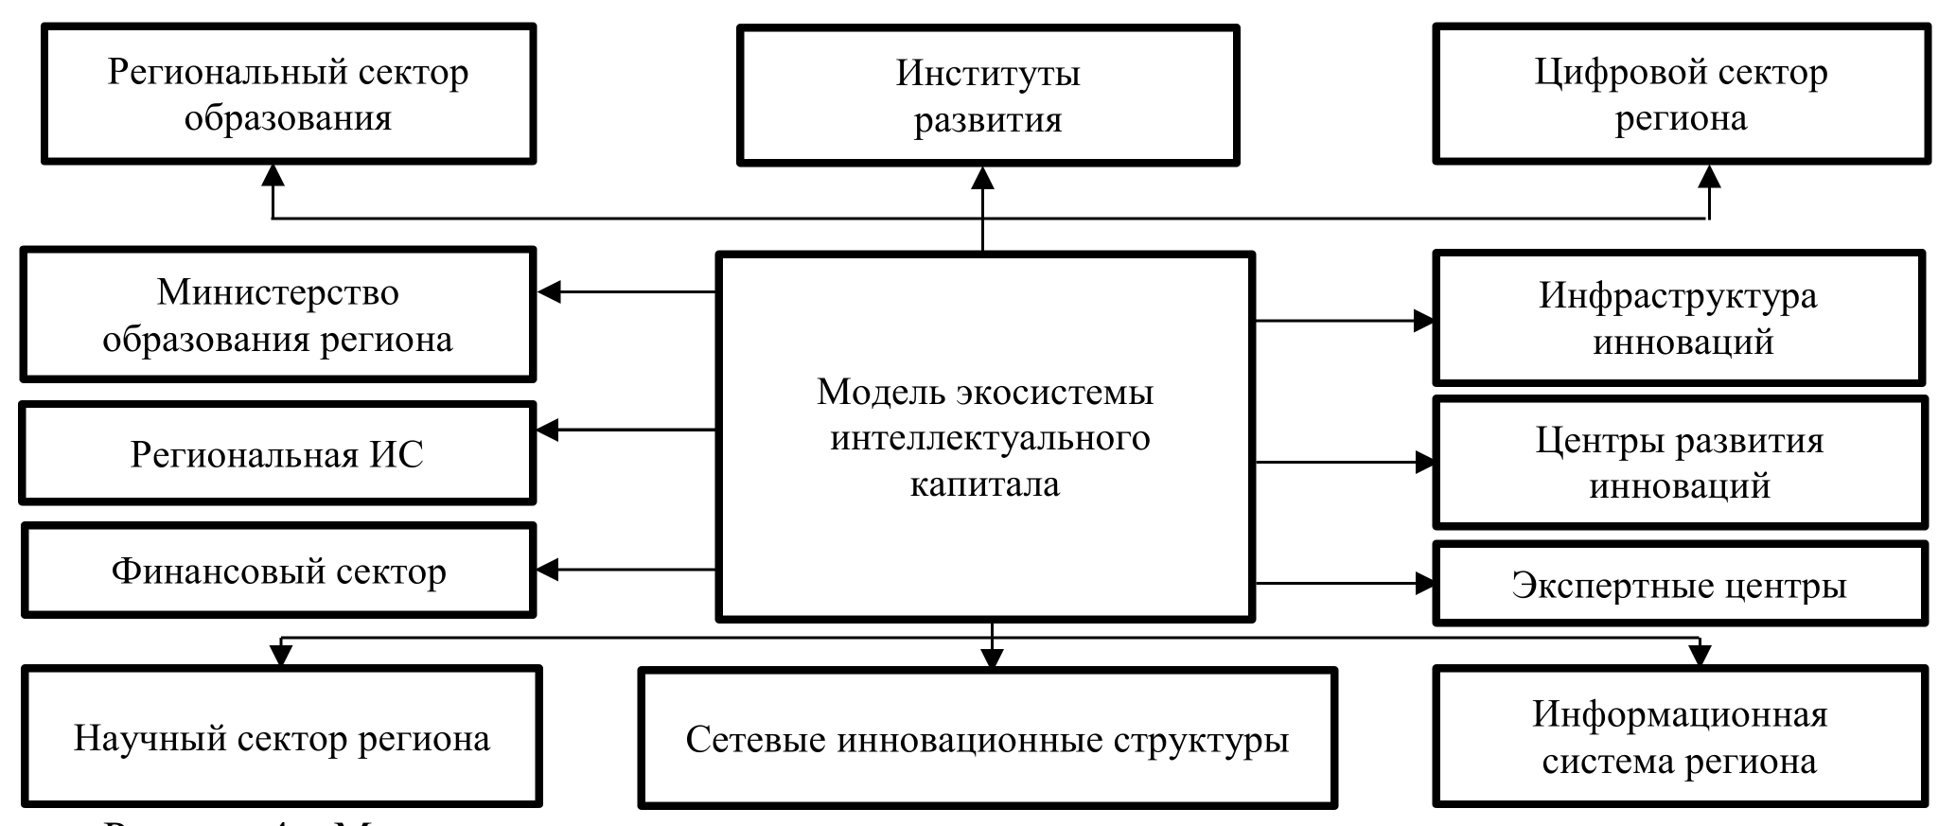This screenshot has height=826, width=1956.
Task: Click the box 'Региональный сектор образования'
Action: click(289, 95)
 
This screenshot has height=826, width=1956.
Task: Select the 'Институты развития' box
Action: click(988, 96)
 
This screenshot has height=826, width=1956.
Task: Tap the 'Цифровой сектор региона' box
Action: click(1681, 95)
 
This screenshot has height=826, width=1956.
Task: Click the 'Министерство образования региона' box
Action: click(278, 315)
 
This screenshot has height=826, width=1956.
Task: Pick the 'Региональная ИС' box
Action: click(277, 454)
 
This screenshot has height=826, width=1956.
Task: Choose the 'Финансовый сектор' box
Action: click(278, 571)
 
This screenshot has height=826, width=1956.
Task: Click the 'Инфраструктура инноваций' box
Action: click(1679, 318)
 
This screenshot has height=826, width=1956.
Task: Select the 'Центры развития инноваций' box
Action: click(1680, 463)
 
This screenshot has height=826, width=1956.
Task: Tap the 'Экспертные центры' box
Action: click(1680, 585)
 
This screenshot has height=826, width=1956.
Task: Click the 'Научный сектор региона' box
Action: click(282, 738)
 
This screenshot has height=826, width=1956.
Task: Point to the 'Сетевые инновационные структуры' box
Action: click(988, 739)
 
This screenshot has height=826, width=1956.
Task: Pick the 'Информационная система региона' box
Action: click(1680, 738)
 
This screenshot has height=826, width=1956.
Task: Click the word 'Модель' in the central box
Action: click(880, 392)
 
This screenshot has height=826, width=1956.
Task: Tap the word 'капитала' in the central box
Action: click(985, 484)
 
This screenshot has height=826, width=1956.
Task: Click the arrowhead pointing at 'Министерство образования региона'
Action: click(550, 292)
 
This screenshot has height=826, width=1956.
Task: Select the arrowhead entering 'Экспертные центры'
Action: click(1423, 584)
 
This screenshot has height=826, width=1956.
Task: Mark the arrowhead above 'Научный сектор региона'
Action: click(281, 654)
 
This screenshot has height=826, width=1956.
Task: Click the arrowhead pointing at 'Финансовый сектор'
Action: click(550, 570)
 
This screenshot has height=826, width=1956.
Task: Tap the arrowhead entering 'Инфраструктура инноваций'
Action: click(1423, 321)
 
